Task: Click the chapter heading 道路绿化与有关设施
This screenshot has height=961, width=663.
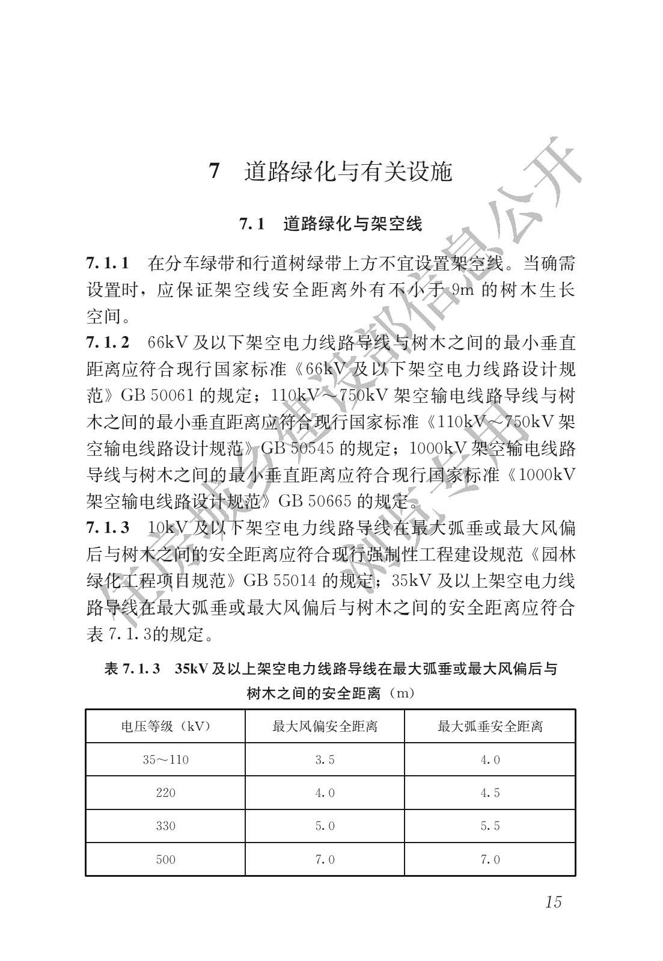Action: tap(348, 172)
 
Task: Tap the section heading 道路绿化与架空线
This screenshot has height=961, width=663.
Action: tap(353, 224)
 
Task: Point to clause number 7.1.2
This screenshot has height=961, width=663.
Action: tap(108, 343)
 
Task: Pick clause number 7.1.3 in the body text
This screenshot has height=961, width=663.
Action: tap(108, 527)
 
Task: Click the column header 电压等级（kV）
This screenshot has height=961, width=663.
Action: tap(165, 726)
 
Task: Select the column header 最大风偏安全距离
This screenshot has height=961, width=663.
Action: tap(325, 726)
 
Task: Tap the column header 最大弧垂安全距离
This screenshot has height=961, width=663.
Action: tap(490, 726)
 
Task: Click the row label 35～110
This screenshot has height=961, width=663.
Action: tap(165, 760)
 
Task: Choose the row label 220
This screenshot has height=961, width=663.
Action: tap(165, 793)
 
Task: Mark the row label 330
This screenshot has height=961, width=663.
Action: tap(165, 826)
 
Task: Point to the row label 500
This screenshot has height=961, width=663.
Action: tap(165, 859)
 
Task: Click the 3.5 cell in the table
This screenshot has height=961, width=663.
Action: tap(325, 760)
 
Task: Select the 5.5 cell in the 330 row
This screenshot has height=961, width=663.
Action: tap(490, 826)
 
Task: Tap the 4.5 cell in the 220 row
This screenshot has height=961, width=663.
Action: tap(490, 793)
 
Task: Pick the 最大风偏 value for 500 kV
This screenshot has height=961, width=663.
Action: tap(325, 859)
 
